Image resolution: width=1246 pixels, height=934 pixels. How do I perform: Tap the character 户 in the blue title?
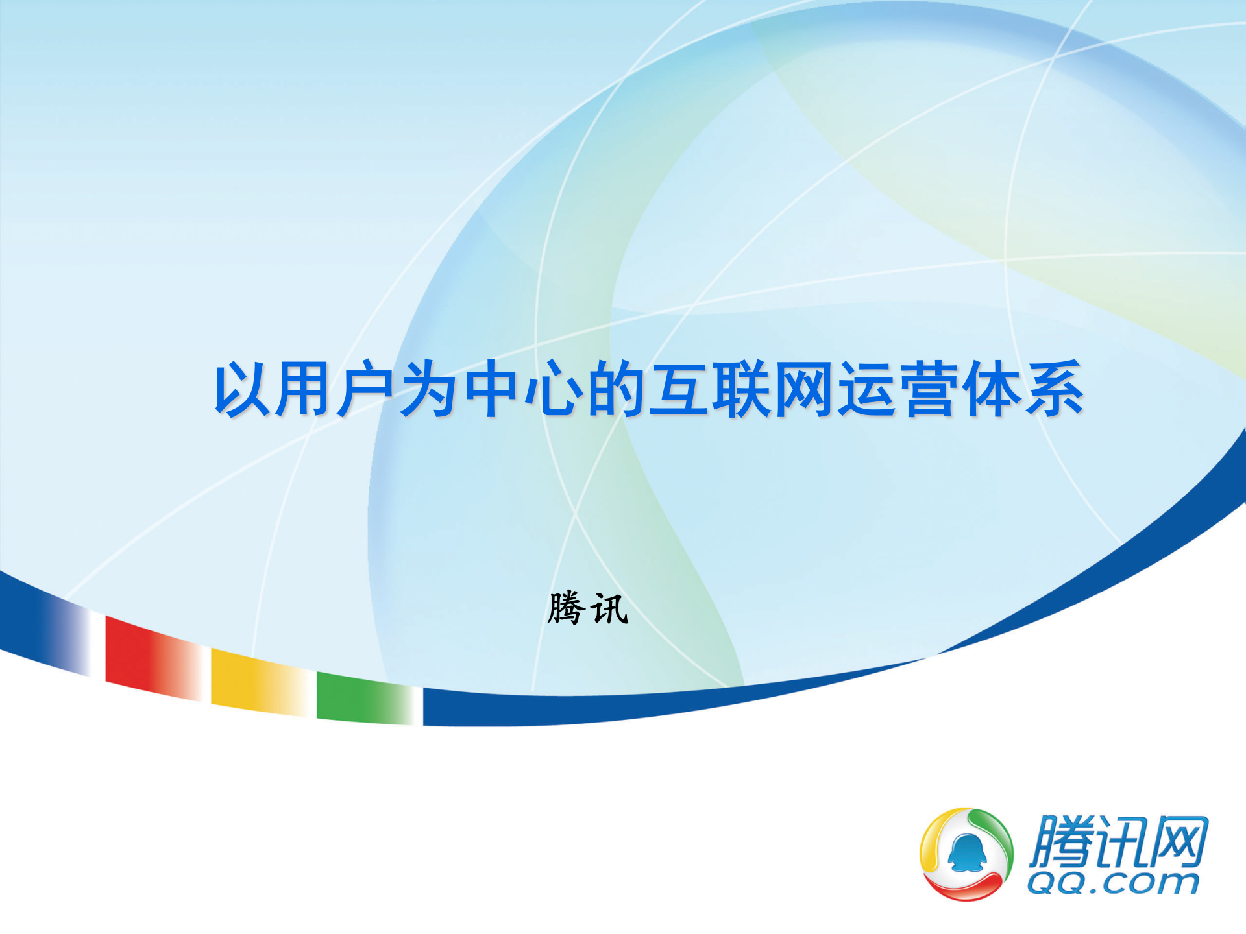point(366,389)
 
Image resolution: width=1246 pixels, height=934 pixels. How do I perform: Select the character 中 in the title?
point(491,389)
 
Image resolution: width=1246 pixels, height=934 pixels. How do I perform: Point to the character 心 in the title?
point(554,389)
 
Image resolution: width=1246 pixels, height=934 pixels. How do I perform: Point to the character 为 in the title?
point(428,389)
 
